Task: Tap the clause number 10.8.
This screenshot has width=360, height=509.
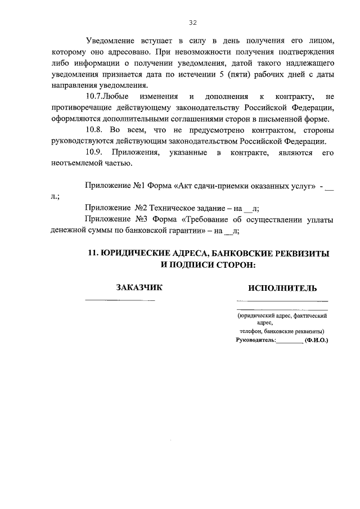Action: point(94,130)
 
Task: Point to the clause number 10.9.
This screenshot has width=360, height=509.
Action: point(94,152)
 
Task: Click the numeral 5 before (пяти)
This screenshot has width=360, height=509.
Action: point(209,75)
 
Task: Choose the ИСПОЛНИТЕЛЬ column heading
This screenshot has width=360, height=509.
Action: point(282,288)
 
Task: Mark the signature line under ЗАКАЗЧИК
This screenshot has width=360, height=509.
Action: point(120,300)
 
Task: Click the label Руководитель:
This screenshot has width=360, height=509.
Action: point(256,340)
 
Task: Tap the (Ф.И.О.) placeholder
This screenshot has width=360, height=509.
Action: point(316,340)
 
